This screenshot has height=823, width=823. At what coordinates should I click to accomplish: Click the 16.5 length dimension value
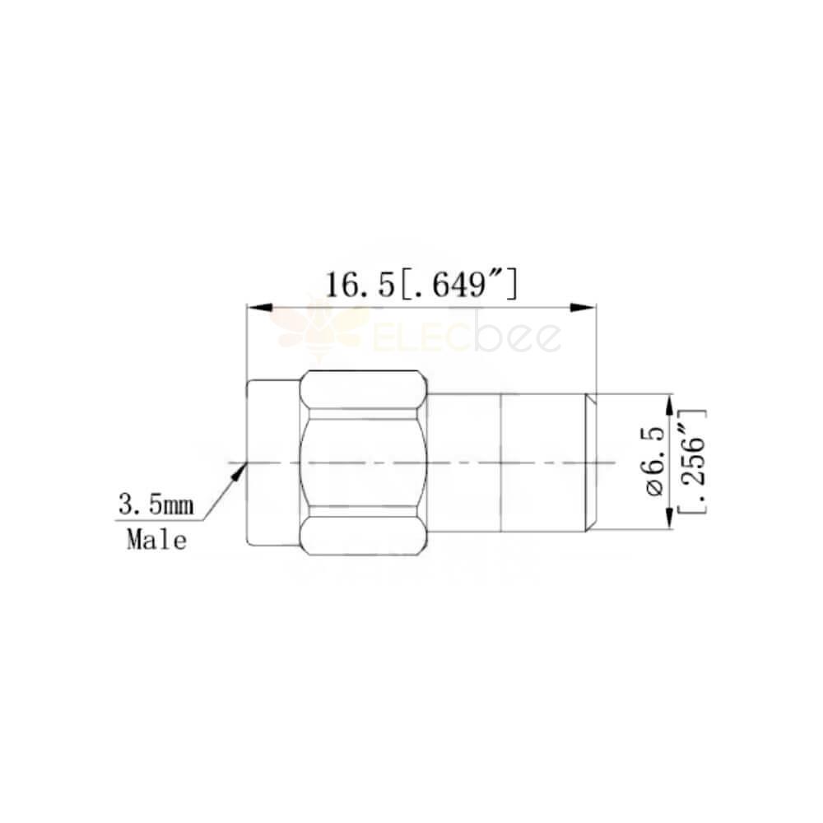(360, 286)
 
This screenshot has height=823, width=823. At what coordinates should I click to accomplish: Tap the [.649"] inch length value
(458, 285)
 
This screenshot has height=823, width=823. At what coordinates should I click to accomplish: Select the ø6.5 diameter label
(656, 462)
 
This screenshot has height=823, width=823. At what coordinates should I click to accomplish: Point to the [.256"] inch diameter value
(692, 462)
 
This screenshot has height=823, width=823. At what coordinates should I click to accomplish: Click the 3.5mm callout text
(156, 505)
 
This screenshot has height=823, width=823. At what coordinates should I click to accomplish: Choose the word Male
(156, 540)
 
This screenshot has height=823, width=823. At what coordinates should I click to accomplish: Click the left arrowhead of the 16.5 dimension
(259, 307)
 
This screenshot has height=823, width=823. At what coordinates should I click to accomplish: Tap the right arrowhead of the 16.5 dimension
(584, 307)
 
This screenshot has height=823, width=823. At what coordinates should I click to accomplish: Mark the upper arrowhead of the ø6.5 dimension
(668, 407)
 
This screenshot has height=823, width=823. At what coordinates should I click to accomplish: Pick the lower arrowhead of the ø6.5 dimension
(668, 517)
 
